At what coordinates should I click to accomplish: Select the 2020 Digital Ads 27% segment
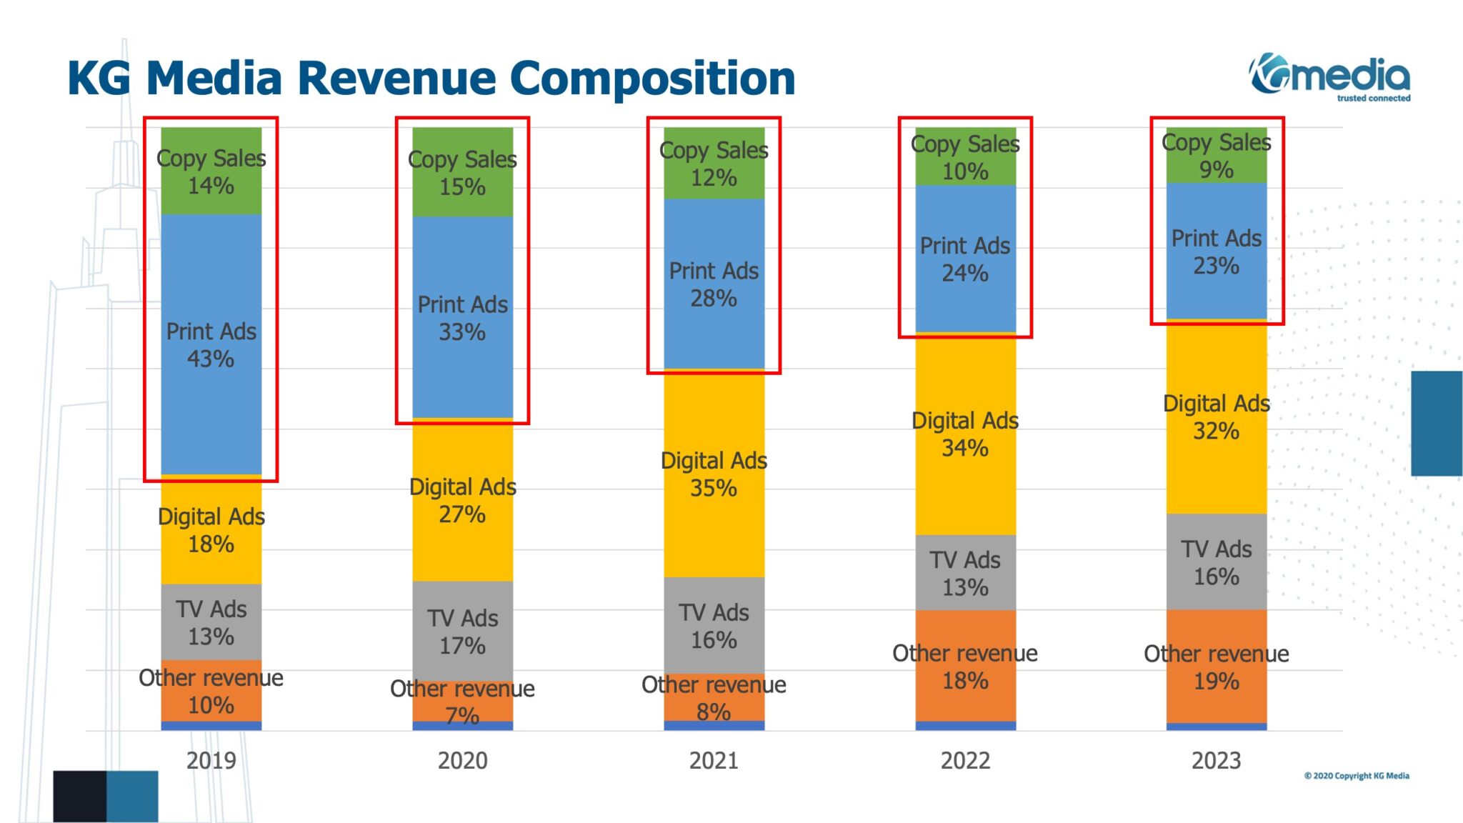click(463, 500)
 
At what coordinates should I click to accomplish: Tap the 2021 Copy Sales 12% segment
click(714, 164)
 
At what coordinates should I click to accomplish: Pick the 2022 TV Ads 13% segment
click(965, 572)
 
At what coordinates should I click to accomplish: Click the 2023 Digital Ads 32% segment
click(1217, 417)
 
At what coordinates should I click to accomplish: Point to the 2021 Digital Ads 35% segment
click(714, 474)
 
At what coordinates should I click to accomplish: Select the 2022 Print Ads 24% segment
click(965, 259)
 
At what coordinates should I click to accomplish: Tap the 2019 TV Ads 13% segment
click(211, 622)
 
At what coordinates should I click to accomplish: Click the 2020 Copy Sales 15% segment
click(463, 172)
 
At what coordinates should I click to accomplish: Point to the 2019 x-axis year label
click(211, 760)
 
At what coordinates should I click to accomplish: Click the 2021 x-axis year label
click(714, 760)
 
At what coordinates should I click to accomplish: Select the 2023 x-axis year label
click(1217, 760)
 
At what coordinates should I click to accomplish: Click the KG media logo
click(1330, 76)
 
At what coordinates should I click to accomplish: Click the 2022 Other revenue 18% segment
click(965, 666)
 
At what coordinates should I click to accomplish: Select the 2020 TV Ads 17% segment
click(463, 632)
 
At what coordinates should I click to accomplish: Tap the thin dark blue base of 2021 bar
click(714, 725)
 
